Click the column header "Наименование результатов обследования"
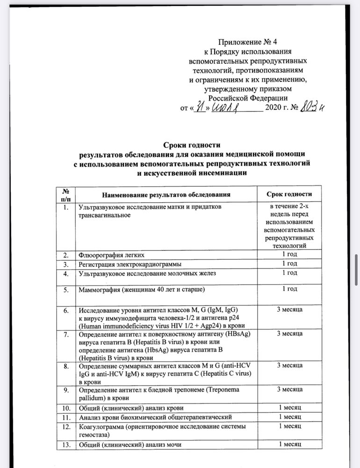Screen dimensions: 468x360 click(x=166, y=194)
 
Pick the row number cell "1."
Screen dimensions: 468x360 click(x=67, y=206)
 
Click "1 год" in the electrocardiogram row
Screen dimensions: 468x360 click(x=289, y=263)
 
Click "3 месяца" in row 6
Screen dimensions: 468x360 click(x=289, y=310)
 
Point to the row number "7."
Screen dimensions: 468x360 click(x=67, y=334)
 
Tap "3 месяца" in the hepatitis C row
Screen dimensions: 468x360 click(x=289, y=365)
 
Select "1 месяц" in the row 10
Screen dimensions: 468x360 click(x=289, y=408)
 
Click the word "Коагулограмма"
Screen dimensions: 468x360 click(x=101, y=425)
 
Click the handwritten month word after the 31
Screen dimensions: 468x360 click(x=226, y=107)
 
